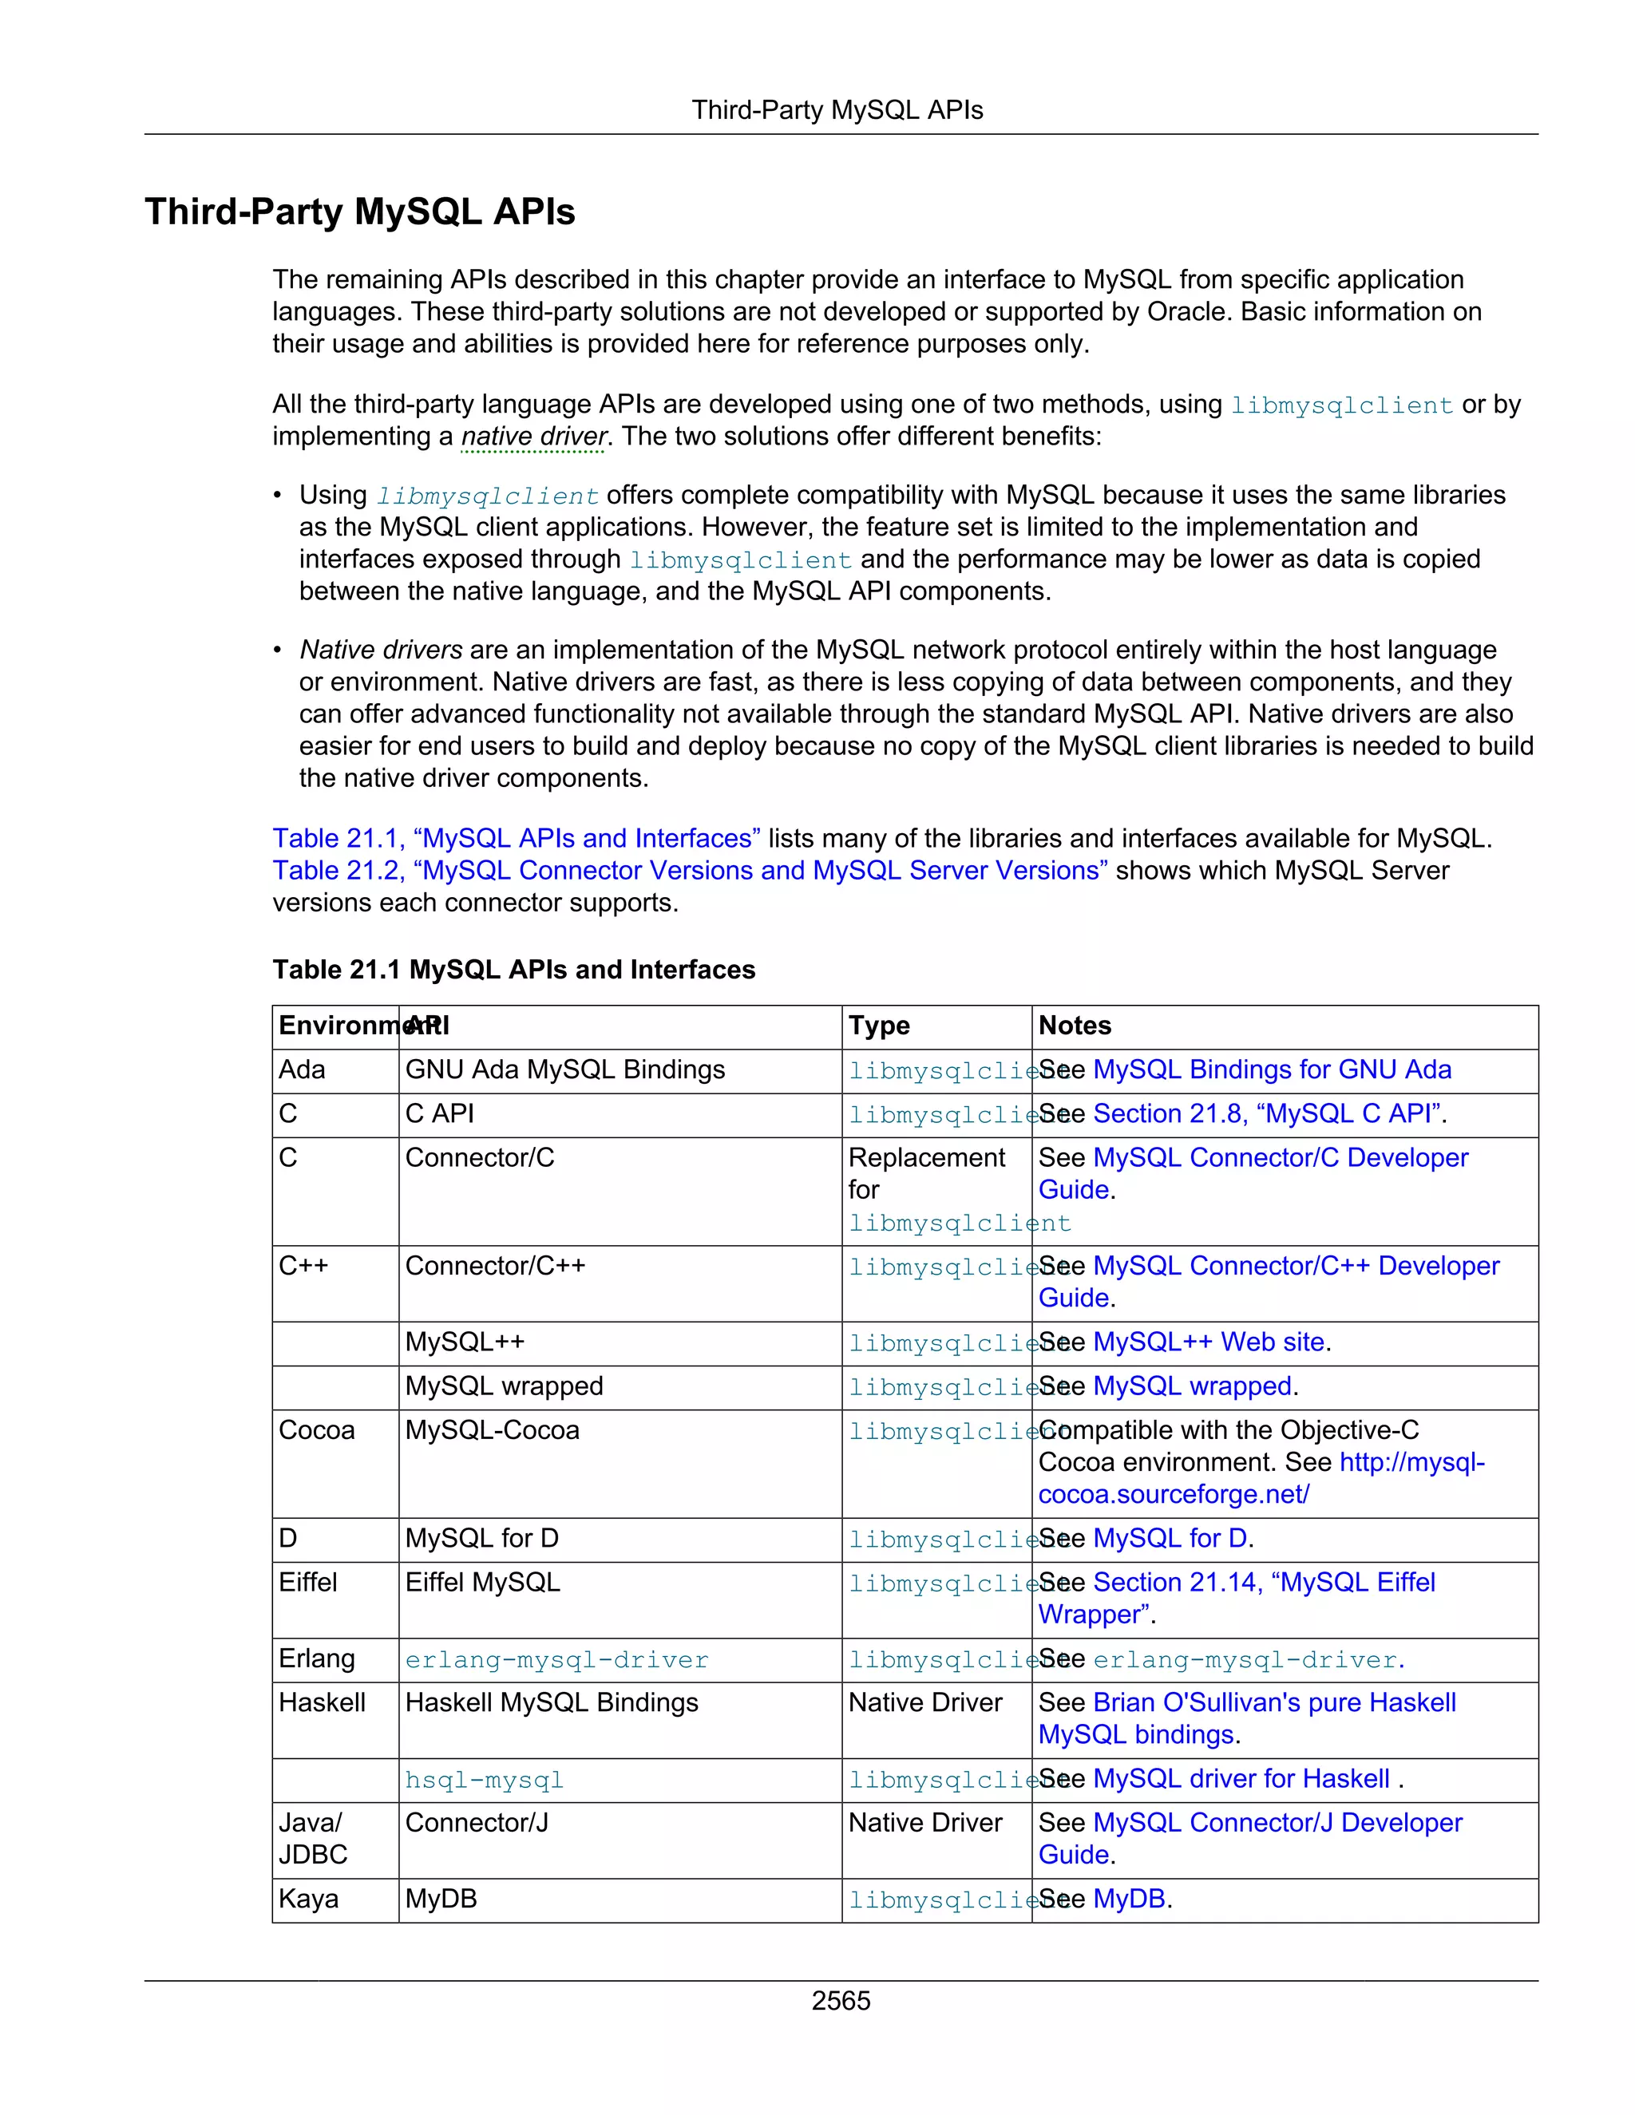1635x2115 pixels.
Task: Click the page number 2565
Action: point(841,2000)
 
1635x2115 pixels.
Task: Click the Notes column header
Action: point(1075,1026)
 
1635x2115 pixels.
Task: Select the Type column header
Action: point(878,1026)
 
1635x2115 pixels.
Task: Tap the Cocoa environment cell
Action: point(317,1430)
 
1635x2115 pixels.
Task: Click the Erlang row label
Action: point(317,1659)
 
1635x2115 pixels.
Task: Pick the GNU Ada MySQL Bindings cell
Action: point(564,1070)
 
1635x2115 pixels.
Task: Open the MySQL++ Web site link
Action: point(1208,1342)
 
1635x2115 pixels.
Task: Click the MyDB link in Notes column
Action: point(1128,1899)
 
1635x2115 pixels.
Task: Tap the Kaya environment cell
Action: point(308,1899)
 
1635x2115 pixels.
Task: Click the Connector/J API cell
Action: point(477,1823)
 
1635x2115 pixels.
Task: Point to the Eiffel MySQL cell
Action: point(482,1583)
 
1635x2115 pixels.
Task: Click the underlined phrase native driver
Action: point(534,437)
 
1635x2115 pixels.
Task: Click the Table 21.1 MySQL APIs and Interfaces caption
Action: point(513,970)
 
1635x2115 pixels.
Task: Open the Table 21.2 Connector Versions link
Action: point(690,871)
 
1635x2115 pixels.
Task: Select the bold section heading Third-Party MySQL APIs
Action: point(359,212)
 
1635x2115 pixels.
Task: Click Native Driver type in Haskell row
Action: point(925,1702)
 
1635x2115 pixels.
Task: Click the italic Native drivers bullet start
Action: point(381,650)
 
